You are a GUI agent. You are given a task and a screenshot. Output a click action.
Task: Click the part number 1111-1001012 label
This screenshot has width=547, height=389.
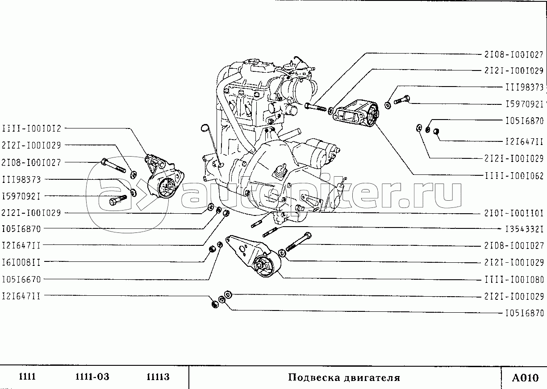tap(32, 128)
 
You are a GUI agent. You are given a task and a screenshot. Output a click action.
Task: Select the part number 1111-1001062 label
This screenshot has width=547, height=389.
tap(514, 176)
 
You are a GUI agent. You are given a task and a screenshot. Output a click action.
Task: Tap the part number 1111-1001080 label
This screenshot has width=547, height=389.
tap(514, 280)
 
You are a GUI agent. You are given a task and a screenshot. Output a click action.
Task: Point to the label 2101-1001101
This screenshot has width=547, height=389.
tap(514, 213)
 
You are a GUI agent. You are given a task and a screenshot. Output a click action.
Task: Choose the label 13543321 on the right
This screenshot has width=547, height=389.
tap(525, 229)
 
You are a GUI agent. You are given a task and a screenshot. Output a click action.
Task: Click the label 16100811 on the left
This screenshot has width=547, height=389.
tap(21, 262)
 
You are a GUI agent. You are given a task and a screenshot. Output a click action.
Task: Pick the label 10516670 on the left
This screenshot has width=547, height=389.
tap(21, 279)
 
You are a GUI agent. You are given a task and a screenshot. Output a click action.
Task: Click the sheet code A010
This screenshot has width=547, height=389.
tap(525, 378)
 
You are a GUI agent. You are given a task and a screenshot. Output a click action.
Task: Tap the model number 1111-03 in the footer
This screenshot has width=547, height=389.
tap(92, 377)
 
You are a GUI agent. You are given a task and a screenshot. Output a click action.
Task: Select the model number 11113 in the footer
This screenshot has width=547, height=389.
tap(158, 377)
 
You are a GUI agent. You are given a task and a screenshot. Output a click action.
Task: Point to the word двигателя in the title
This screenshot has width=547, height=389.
tap(372, 378)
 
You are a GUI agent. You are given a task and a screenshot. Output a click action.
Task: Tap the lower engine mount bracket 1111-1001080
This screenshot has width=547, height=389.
tap(254, 256)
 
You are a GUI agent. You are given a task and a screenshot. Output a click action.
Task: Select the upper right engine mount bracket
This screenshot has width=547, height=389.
tap(356, 114)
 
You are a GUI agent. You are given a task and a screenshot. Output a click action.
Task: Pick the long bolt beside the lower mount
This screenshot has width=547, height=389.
tap(298, 242)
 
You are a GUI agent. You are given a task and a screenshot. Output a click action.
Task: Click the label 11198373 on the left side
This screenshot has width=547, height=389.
tap(21, 180)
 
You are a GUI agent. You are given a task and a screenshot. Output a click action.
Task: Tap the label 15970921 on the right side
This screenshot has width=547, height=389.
tap(525, 104)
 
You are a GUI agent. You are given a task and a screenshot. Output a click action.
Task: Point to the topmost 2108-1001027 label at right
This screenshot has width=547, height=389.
tap(514, 54)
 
